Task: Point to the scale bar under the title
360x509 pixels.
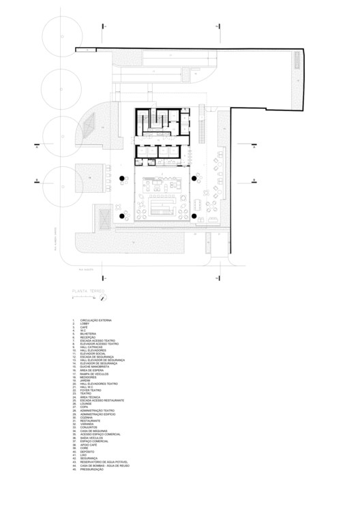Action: coord(82,297)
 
